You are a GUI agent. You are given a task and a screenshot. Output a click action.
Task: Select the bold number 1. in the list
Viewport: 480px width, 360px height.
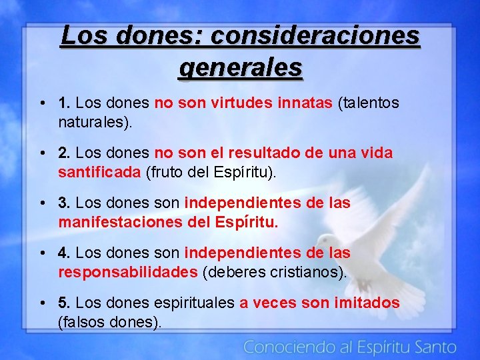coord(65,103)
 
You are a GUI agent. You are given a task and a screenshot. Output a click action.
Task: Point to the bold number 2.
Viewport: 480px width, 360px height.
coord(65,153)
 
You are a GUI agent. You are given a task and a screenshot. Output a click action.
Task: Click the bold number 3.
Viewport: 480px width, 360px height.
coord(65,203)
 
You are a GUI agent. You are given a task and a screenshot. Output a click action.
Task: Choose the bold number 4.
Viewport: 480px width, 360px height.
coord(65,253)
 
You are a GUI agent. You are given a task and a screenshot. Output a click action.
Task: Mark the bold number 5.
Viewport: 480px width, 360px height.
coord(65,303)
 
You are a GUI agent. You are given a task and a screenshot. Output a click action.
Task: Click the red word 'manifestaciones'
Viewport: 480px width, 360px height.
coord(117,222)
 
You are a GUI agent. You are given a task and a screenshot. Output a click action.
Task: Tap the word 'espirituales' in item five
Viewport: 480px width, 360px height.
coord(194,303)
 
